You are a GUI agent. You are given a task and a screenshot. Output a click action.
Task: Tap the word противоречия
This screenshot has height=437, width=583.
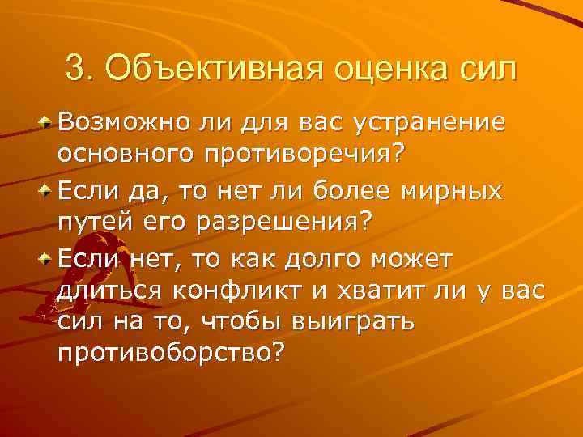coord(304,155)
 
